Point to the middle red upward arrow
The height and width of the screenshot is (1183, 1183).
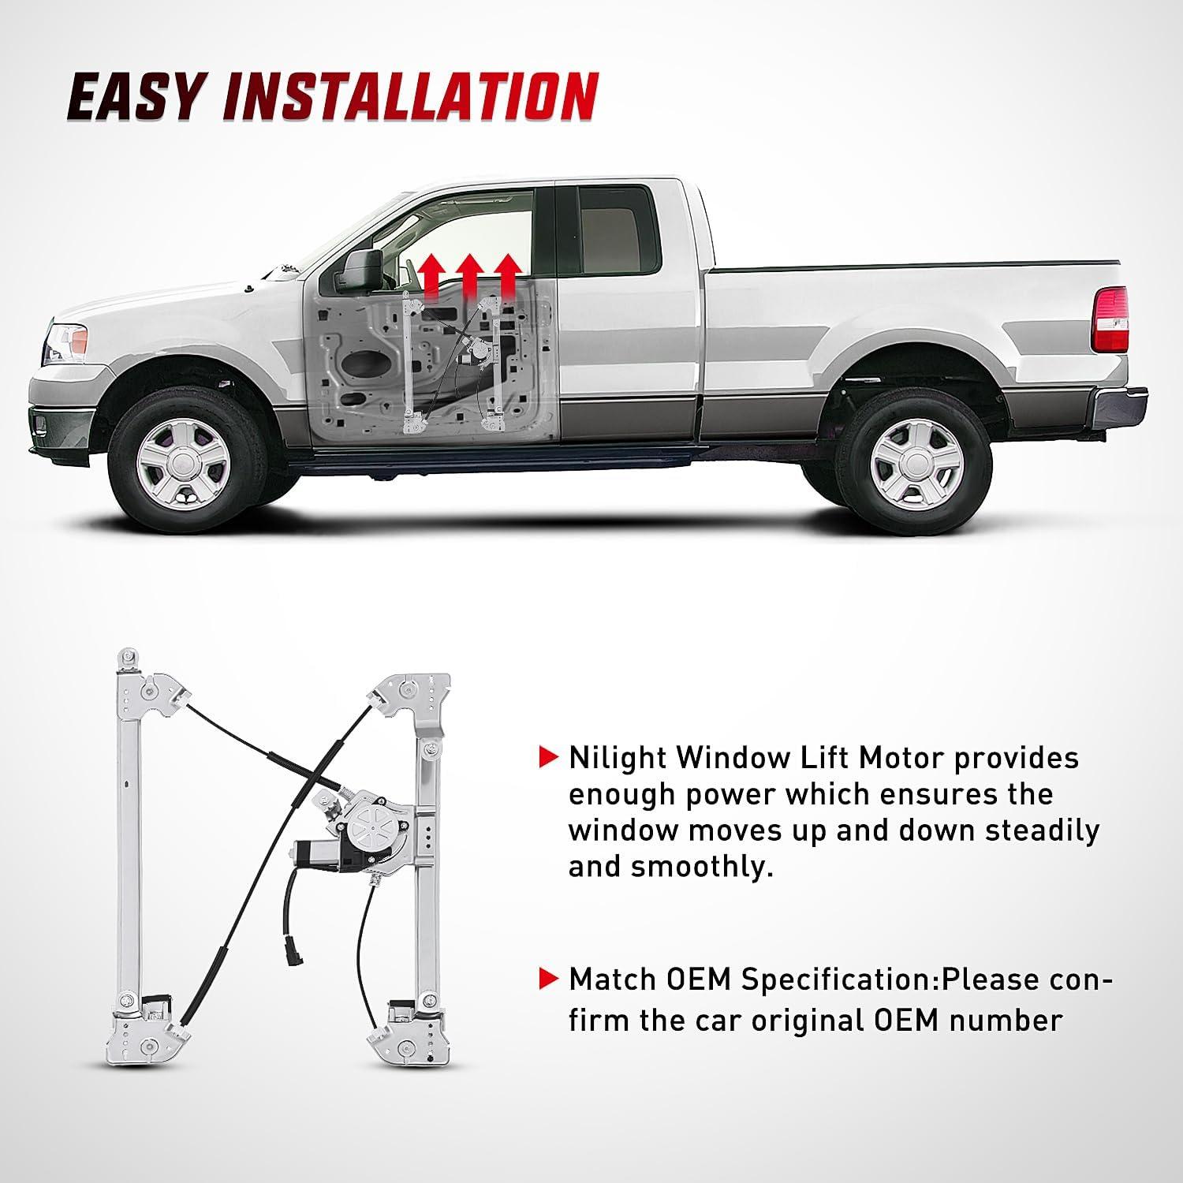pos(470,275)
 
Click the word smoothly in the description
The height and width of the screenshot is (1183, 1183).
pos(700,867)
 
